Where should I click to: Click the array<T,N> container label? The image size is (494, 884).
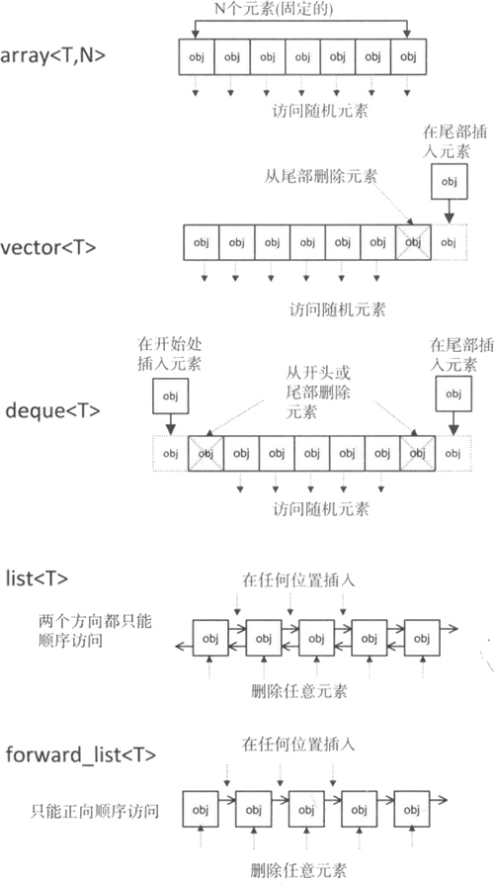(x=53, y=56)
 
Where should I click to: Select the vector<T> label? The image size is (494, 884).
(x=48, y=247)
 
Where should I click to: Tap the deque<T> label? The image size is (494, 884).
(x=53, y=410)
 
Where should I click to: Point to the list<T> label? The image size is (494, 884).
(x=37, y=578)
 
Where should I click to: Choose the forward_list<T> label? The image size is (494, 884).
(x=81, y=754)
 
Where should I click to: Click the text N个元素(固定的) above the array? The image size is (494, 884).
(x=274, y=9)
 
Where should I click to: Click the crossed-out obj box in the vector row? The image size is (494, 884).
(x=413, y=242)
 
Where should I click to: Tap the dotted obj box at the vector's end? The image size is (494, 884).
(x=449, y=242)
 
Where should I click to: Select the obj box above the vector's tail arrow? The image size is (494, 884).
(x=449, y=182)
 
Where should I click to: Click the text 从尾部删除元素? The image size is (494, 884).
(x=320, y=176)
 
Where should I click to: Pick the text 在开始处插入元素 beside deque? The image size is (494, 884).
(x=170, y=354)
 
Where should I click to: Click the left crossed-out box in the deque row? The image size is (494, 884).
(x=206, y=453)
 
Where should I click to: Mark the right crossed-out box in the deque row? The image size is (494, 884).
(x=417, y=453)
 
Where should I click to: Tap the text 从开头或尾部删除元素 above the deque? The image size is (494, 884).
(x=318, y=392)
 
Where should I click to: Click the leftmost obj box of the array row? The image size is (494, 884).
(x=197, y=57)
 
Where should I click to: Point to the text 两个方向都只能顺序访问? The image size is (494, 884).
(x=95, y=631)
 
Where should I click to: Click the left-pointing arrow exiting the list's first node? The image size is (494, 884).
(x=184, y=646)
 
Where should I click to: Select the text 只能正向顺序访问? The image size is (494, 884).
(x=95, y=811)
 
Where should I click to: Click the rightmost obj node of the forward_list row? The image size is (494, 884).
(x=412, y=809)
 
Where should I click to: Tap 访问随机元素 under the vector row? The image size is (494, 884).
(x=338, y=309)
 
